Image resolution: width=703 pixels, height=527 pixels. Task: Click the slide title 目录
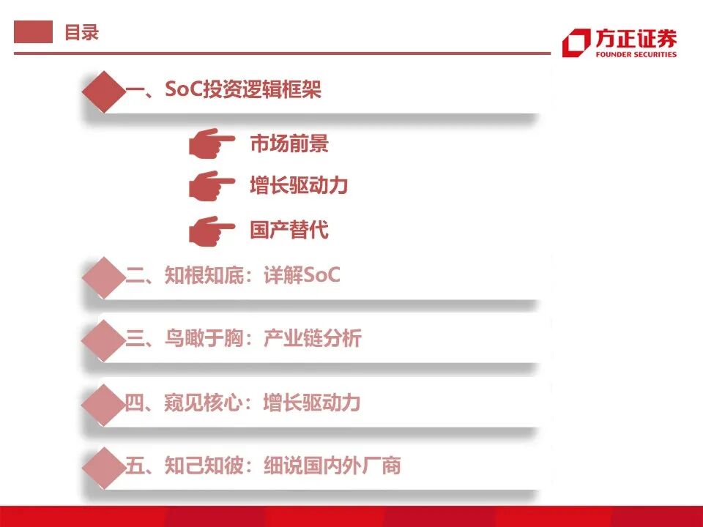pos(81,32)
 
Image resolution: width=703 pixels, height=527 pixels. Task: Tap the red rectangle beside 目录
pos(34,32)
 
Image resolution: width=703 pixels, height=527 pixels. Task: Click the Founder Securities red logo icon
pos(576,43)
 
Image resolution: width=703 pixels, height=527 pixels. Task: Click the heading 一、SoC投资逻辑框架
pos(223,90)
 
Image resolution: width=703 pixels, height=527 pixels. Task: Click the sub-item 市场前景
pos(289,143)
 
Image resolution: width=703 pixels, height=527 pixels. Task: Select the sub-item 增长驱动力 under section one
pos(299,186)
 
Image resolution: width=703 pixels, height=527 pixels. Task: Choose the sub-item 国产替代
pos(289,231)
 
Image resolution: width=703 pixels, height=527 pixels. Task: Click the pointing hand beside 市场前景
pos(211,143)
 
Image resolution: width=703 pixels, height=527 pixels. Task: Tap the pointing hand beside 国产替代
pos(211,231)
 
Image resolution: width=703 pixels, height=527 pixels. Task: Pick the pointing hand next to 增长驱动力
pos(211,185)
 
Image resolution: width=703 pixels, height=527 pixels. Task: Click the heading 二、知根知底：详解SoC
pos(233,276)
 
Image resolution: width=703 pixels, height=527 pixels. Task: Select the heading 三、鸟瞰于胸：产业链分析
pos(243,338)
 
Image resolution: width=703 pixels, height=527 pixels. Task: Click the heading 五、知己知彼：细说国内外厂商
pos(263,466)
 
